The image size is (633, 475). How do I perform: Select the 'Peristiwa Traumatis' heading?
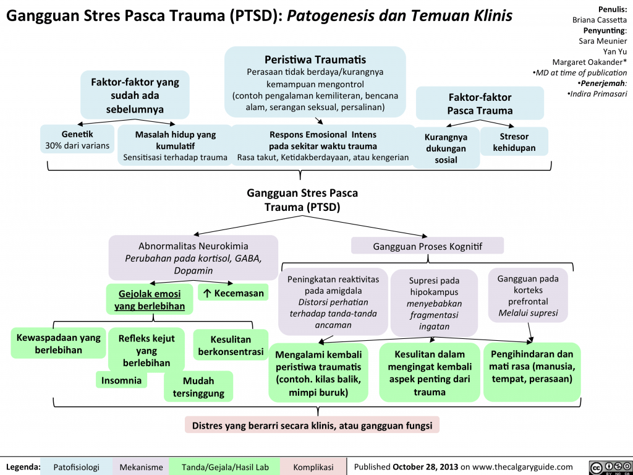pyautogui.click(x=315, y=60)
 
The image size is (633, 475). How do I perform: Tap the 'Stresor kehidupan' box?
pyautogui.click(x=514, y=141)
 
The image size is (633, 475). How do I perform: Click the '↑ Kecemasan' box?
pyautogui.click(x=232, y=293)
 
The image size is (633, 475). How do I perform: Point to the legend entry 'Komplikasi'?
pyautogui.click(x=313, y=467)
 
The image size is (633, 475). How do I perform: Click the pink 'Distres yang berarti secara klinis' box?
pyautogui.click(x=312, y=425)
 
